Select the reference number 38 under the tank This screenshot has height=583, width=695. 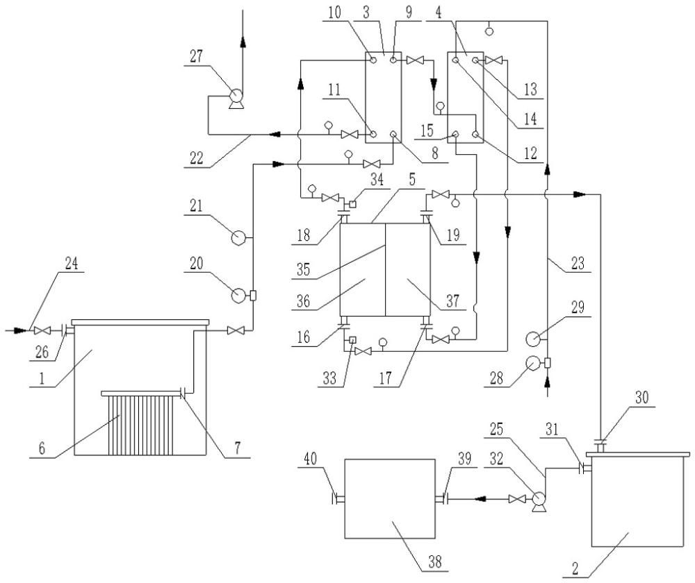pos(435,561)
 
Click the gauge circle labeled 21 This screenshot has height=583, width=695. pos(238,238)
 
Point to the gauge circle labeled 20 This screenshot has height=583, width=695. pos(238,295)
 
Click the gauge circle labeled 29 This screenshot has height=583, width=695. pos(532,339)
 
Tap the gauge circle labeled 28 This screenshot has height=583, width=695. pos(532,363)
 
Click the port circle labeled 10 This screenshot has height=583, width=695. pos(373,60)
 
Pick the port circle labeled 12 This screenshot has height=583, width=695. pos(475,134)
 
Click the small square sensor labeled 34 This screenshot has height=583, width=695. pos(353,204)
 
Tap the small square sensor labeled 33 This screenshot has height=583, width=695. pos(352,340)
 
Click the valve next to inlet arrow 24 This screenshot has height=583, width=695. pos(42,330)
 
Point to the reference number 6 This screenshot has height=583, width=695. pos(42,448)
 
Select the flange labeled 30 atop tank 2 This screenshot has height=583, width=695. pos(600,445)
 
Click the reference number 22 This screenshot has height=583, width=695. pos(197,157)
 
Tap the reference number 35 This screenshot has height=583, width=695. pos(303,269)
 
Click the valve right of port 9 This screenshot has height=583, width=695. pos(416,60)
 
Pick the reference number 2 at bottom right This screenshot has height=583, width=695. pos(575,568)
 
